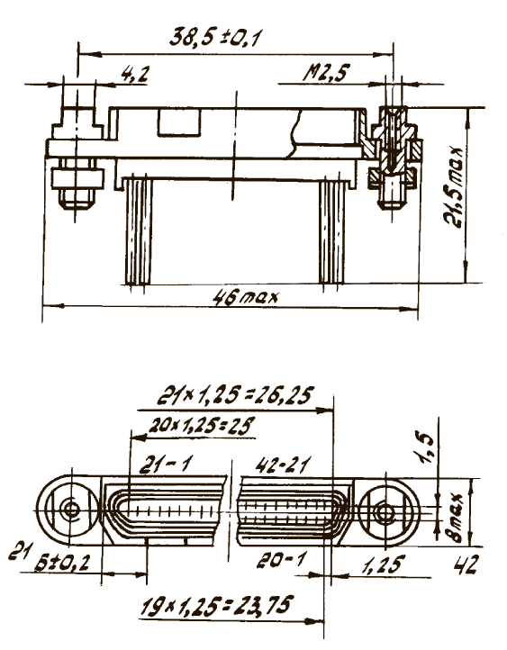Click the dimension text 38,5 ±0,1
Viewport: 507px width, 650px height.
click(215, 37)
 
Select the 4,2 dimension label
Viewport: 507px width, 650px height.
click(134, 75)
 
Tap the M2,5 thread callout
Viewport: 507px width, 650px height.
click(326, 73)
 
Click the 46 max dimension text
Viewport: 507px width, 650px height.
click(246, 297)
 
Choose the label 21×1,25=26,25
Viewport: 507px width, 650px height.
click(235, 396)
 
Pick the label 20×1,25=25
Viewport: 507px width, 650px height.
click(201, 426)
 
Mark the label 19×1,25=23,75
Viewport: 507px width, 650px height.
click(217, 608)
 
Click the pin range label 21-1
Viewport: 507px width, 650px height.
click(165, 465)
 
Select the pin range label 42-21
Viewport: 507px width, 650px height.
click(283, 465)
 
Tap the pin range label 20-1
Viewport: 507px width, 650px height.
click(281, 561)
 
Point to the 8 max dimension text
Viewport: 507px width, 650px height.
click(457, 519)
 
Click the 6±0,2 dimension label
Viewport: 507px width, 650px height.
click(62, 563)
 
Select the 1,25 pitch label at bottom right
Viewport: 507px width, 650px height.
click(382, 564)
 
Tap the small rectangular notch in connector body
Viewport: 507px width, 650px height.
click(179, 122)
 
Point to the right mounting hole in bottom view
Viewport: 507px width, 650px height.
click(385, 512)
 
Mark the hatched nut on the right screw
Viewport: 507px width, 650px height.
click(392, 176)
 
